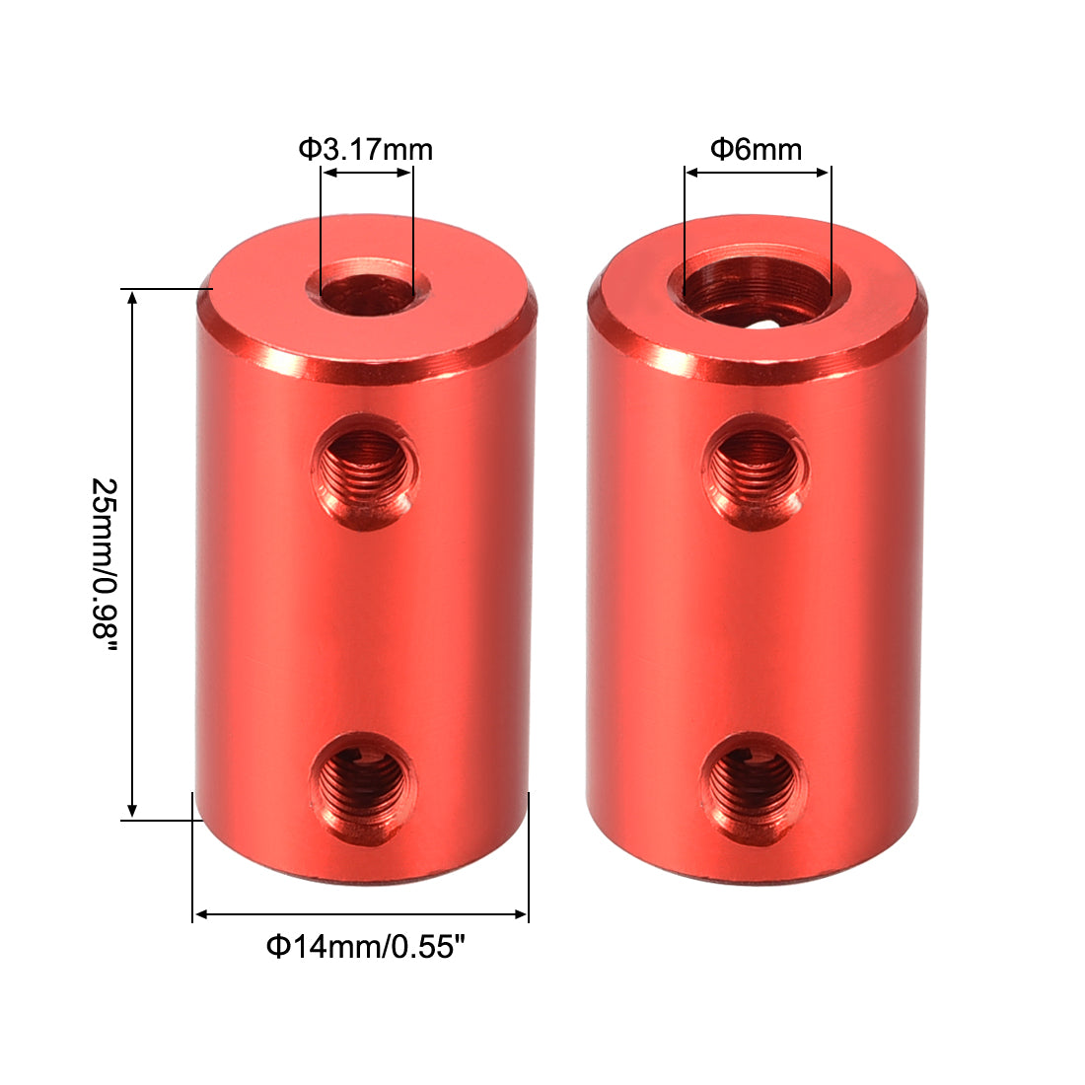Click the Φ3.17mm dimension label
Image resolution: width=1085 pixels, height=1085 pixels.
click(x=366, y=149)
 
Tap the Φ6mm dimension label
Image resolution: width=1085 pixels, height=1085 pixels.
click(x=757, y=149)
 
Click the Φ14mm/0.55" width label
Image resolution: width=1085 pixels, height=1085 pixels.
click(x=364, y=947)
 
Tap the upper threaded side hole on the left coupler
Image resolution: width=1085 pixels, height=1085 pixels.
click(x=364, y=471)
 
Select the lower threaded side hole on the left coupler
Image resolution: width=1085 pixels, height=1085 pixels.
click(x=363, y=785)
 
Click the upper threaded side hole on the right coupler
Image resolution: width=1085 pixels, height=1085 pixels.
click(x=756, y=471)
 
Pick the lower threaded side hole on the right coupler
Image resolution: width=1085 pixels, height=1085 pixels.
click(x=754, y=785)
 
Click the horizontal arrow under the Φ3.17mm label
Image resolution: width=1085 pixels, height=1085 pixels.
click(x=367, y=173)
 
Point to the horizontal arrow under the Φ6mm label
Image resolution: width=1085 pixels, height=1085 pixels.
click(x=758, y=173)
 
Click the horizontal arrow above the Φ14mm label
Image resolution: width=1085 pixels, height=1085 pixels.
click(x=361, y=914)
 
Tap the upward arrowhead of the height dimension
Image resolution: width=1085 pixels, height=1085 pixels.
click(x=132, y=298)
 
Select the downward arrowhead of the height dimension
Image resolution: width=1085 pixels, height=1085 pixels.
click(x=132, y=810)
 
